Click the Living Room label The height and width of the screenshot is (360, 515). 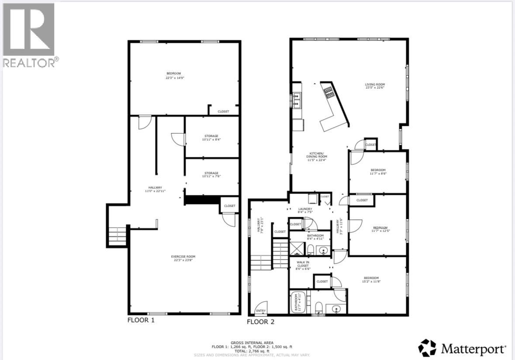[375, 86]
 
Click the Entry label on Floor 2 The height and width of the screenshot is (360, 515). [261, 311]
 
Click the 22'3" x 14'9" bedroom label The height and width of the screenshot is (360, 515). [173, 76]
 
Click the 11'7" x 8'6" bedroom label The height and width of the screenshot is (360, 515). [378, 172]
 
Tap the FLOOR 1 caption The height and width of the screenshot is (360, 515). [141, 320]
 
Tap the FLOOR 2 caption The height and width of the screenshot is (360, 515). [260, 322]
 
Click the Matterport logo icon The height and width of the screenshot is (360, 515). [427, 348]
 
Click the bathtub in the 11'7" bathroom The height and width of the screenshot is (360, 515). [297, 302]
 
